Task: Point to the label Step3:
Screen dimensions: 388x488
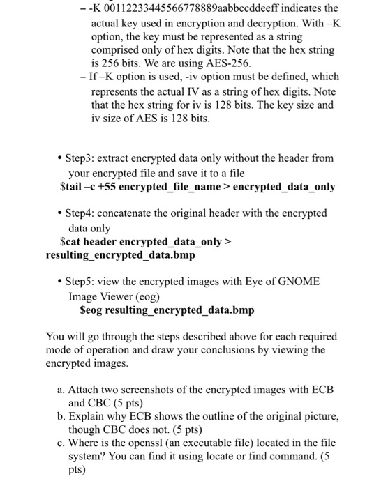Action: pos(83,160)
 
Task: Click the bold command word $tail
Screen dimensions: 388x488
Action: pos(73,187)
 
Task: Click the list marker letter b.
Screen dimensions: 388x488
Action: pos(61,417)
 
